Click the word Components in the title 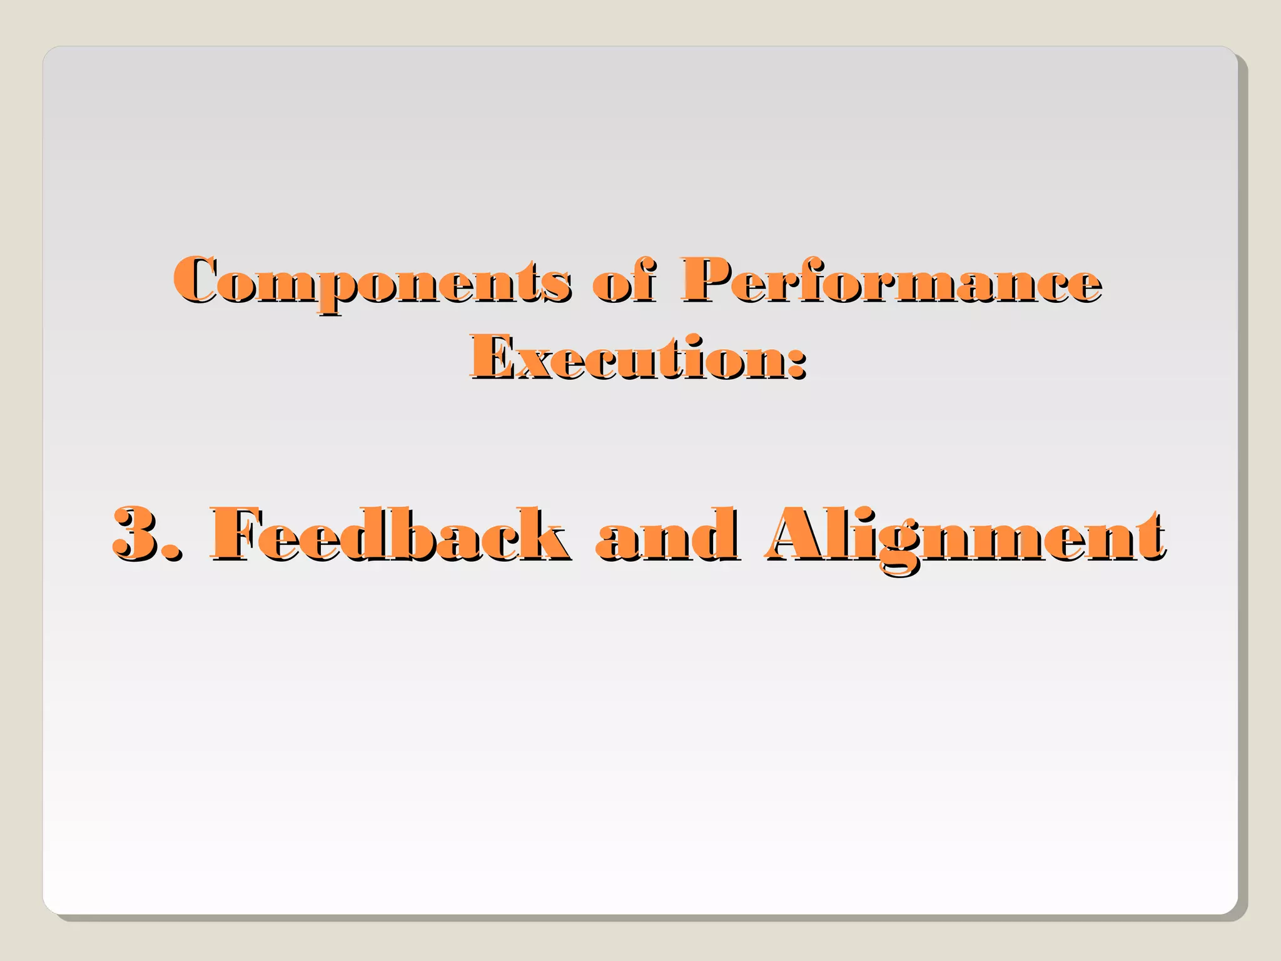click(372, 282)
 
